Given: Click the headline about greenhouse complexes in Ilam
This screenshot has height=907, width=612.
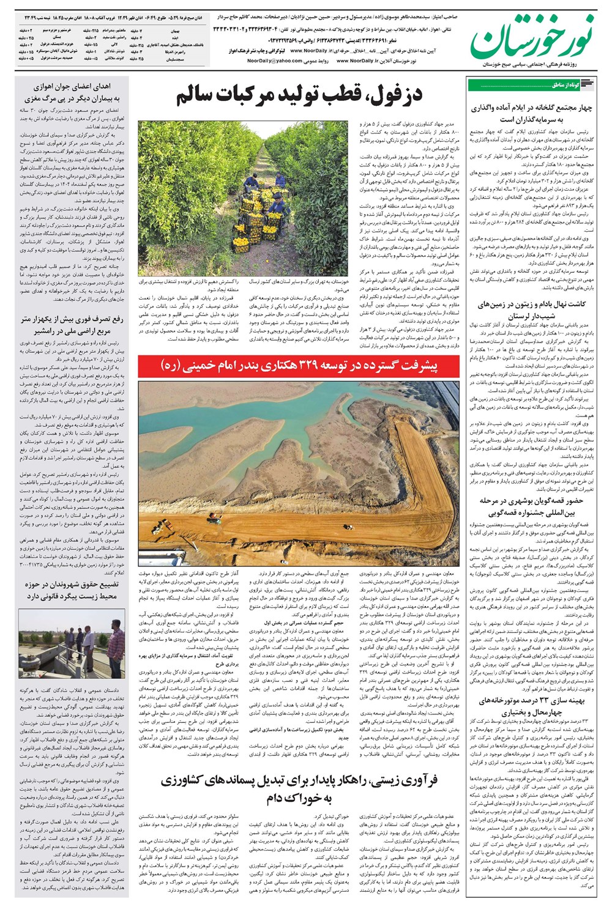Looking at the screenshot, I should tap(530, 113).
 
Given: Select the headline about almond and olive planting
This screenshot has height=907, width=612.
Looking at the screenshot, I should tap(530, 309).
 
